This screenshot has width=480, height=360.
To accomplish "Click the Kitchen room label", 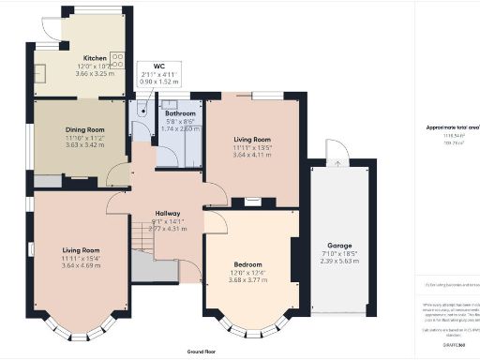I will click(95, 57).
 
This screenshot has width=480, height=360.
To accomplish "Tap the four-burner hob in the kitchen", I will click(118, 60).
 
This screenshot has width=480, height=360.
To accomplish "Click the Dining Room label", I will click(82, 130).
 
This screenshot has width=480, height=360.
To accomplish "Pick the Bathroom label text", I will click(180, 113).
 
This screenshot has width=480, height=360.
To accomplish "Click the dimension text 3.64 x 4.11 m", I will click(253, 154).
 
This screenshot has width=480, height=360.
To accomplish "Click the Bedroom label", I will click(248, 264).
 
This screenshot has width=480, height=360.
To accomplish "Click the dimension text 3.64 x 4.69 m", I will click(82, 264).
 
